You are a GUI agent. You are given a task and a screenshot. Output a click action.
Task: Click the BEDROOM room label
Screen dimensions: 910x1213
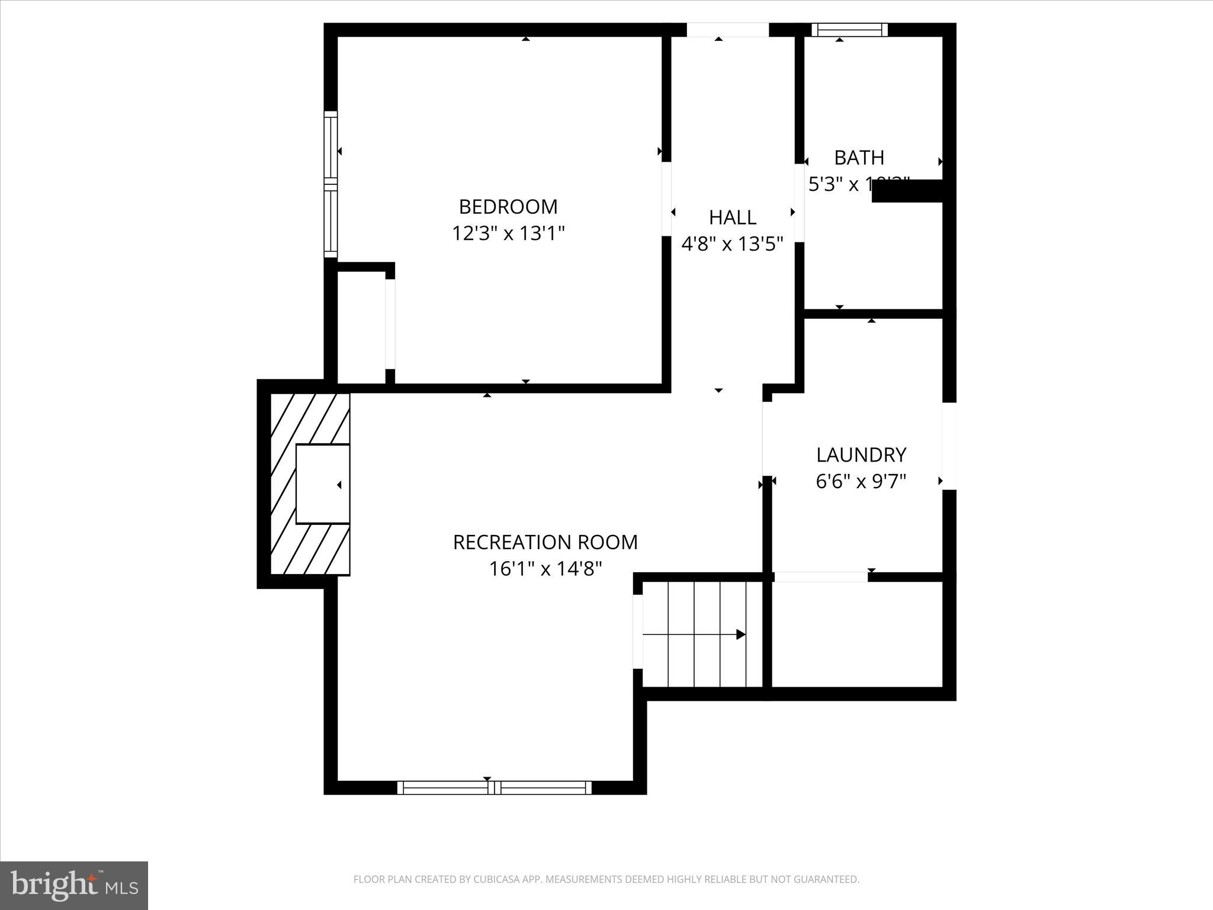pos(508,207)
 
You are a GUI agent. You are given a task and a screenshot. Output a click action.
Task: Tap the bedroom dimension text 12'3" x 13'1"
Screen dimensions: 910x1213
pos(508,233)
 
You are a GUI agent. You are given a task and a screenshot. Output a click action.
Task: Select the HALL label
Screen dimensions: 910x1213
pos(733,217)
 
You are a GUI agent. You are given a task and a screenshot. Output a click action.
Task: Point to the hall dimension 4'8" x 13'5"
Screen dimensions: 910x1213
pos(733,243)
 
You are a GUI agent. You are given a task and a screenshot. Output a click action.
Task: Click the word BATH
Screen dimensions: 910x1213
pos(859,158)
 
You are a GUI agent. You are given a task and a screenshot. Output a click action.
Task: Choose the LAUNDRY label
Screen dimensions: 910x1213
pos(861,455)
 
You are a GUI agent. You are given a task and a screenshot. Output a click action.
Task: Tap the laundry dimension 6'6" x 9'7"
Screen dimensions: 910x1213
pos(861,482)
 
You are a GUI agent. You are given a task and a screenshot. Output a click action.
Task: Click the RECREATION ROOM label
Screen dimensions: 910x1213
pos(545,542)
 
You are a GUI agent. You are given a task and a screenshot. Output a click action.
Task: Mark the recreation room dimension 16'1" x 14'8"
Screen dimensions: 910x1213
pos(545,569)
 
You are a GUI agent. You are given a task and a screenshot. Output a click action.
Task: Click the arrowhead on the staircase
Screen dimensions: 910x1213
pos(740,634)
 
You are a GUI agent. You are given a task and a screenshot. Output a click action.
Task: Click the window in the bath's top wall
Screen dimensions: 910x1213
pos(849,30)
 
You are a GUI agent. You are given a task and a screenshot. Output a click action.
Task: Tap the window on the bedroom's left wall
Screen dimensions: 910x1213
pos(330,184)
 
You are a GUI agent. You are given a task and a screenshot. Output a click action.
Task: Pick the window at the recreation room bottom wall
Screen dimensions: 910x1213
pos(494,787)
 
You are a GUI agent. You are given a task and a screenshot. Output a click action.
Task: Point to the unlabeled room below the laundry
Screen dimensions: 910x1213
pos(857,634)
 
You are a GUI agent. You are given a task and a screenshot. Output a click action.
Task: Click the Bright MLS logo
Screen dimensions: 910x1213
pos(74,886)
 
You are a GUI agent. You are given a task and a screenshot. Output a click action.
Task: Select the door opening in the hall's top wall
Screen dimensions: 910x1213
pos(727,30)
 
